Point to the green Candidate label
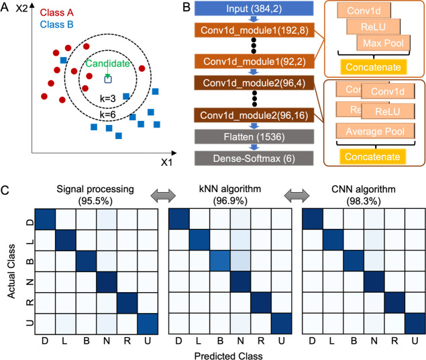click(x=106, y=64)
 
